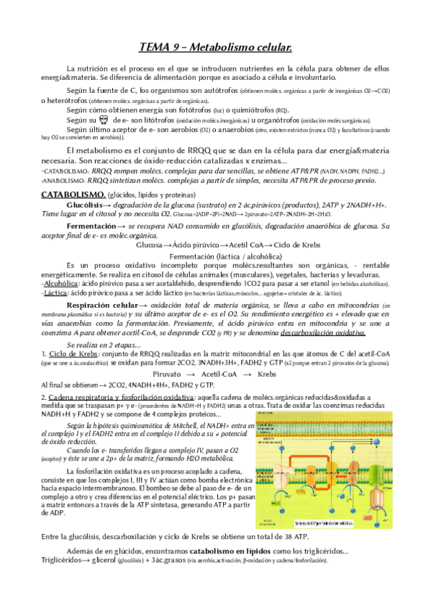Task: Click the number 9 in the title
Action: coord(179,48)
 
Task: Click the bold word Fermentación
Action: coord(93,226)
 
